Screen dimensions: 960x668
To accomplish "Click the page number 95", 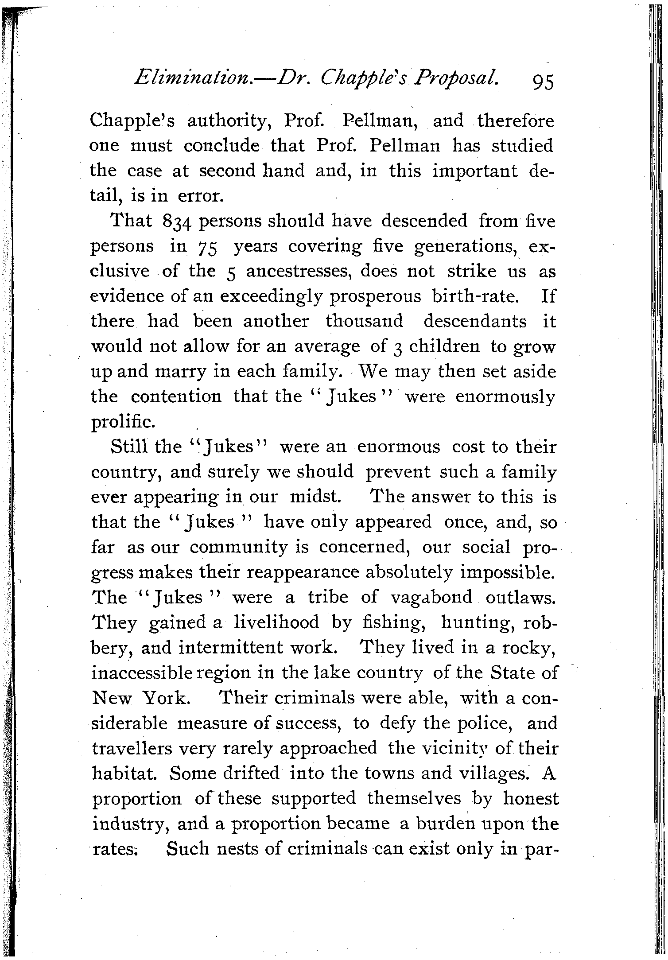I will point(537,82).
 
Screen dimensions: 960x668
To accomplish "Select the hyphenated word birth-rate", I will point(475,296).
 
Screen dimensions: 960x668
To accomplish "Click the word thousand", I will point(365,321).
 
